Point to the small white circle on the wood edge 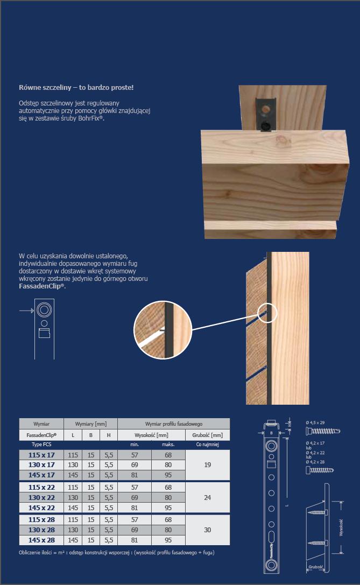(267, 313)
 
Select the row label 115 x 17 (41, 455)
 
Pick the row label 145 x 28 (41, 540)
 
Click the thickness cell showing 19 (207, 465)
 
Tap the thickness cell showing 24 (207, 498)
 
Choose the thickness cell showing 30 (207, 530)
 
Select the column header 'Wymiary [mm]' (90, 424)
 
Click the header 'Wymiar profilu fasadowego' (173, 424)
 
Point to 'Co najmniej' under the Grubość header (207, 445)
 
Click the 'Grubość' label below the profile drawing (316, 567)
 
